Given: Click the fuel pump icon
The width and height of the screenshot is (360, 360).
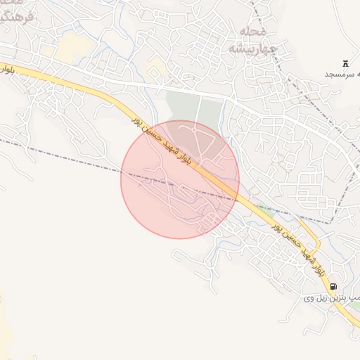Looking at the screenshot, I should (333, 286).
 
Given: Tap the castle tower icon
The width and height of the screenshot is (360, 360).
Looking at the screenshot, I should (346, 63).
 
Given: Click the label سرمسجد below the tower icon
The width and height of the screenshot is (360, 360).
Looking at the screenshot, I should (342, 74).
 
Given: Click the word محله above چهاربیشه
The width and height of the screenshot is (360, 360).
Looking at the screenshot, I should (252, 32).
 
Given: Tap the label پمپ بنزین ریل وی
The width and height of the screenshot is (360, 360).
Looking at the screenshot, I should (332, 298).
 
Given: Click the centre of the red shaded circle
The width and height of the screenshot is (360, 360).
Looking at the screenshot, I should (180, 179).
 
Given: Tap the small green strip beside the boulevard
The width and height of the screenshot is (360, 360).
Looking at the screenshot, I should (266, 210).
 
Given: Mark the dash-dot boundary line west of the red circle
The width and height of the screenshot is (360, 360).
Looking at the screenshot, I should (63, 155).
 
